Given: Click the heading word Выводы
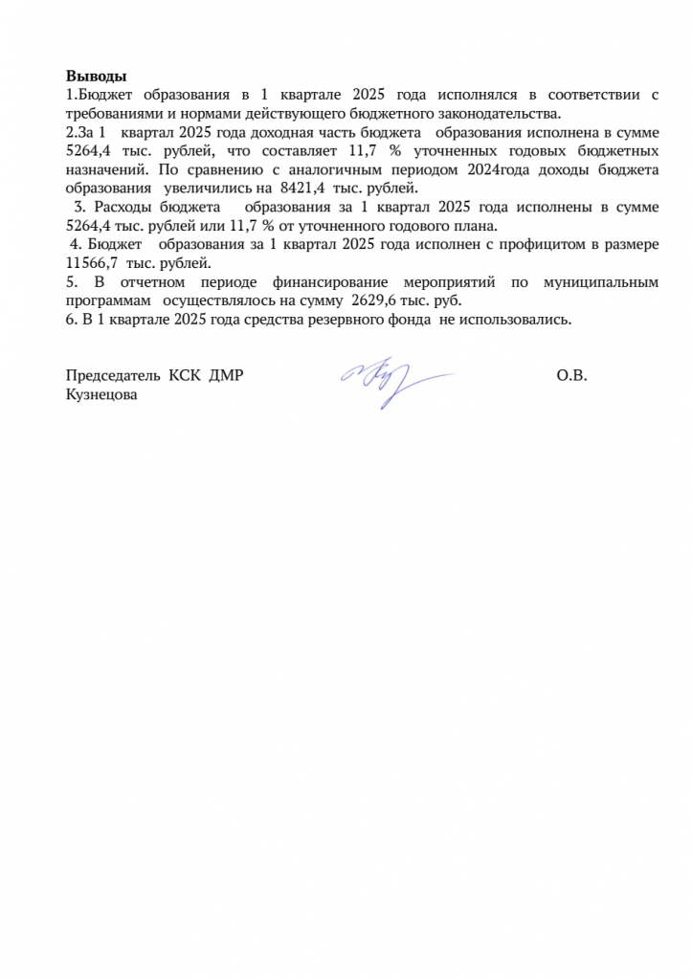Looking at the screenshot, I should [96, 77].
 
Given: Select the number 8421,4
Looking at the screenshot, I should [303, 189].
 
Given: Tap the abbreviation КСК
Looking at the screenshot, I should [182, 375].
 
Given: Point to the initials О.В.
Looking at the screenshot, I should [571, 375].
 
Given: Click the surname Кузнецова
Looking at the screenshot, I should [100, 393].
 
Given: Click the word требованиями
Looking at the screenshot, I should [108, 114].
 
